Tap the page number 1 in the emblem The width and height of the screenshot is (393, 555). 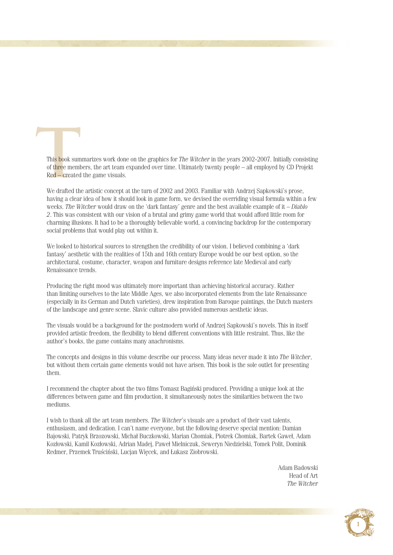(358, 524)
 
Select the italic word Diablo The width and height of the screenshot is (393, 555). (299, 207)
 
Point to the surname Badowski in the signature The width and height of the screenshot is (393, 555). (306, 468)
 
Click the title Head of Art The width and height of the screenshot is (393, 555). (303, 476)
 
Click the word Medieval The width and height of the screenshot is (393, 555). (256, 262)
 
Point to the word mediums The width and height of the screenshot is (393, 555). (58, 404)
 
